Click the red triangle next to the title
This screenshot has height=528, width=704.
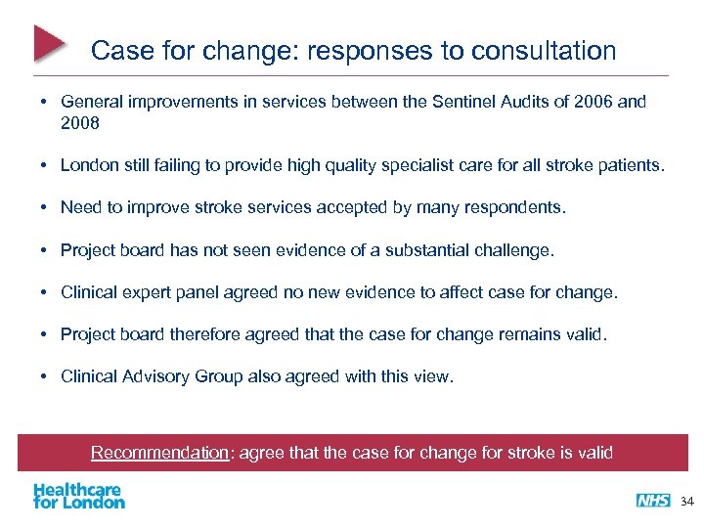tap(50, 44)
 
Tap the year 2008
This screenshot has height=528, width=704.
tap(79, 124)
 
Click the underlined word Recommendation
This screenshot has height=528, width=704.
tap(159, 453)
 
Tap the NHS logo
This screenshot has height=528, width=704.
tap(652, 500)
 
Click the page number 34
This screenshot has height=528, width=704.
tap(685, 501)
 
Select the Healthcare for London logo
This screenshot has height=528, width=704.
tap(78, 496)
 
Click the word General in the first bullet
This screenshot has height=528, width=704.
tap(91, 102)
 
